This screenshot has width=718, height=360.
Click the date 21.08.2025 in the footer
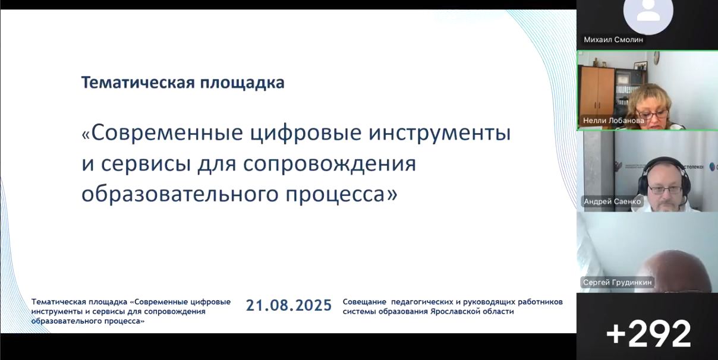point(288,305)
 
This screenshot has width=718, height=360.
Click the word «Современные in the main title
point(162,132)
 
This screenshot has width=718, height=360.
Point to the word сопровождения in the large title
point(329,165)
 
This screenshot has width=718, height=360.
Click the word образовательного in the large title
point(179,195)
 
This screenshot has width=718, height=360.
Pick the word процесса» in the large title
point(341,195)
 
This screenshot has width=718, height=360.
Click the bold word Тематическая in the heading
point(138,83)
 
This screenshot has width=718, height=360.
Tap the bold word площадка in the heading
point(243,83)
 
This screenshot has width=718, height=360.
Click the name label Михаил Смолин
point(613,40)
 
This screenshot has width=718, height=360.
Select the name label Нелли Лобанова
point(613,121)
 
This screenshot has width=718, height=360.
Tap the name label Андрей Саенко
point(612,201)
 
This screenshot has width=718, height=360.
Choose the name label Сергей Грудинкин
point(618,282)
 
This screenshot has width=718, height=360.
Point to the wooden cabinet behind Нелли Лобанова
point(597,92)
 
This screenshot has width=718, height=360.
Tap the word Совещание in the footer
point(364,302)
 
